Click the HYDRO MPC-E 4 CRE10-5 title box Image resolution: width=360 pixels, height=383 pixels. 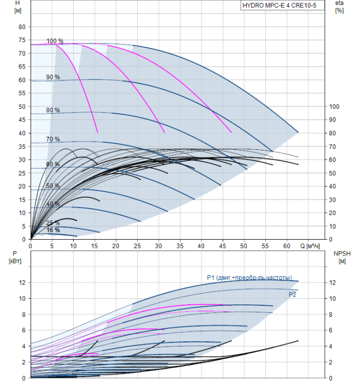282,5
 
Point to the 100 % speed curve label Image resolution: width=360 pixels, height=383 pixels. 55,41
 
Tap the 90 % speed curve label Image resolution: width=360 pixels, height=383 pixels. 53,77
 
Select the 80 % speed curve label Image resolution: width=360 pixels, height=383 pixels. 53,110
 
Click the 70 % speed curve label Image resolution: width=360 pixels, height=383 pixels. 53,139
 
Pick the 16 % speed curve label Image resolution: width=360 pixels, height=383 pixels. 53,230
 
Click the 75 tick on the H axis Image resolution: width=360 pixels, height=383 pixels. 22,40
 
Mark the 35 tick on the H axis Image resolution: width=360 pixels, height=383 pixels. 22,147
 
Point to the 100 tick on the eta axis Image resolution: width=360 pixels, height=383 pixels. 334,107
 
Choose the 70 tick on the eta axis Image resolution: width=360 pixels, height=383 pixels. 333,147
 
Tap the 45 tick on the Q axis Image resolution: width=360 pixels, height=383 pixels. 223,246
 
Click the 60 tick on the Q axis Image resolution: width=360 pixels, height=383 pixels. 287,246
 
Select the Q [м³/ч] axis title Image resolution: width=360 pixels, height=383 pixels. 310,246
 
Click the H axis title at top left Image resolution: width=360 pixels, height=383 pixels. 18,7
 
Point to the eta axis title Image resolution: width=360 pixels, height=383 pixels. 340,7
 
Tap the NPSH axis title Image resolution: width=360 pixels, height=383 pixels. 342,258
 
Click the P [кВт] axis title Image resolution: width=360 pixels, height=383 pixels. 15,258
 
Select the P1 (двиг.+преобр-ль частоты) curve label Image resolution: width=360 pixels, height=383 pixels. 249,278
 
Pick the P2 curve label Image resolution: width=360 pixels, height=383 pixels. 292,295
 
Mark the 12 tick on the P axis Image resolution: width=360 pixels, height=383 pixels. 22,283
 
